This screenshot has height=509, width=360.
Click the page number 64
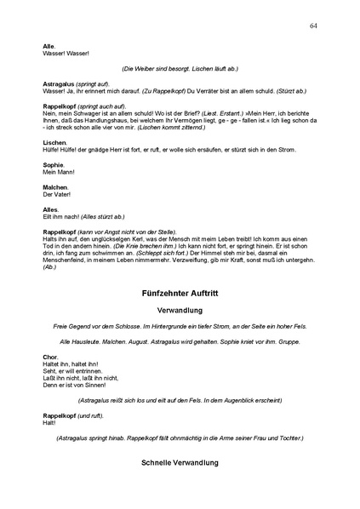(314, 26)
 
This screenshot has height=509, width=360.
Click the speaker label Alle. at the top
(49, 45)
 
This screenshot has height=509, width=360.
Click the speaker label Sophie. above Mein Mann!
(54, 163)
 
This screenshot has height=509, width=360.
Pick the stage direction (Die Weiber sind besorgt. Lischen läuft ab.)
(180, 68)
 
